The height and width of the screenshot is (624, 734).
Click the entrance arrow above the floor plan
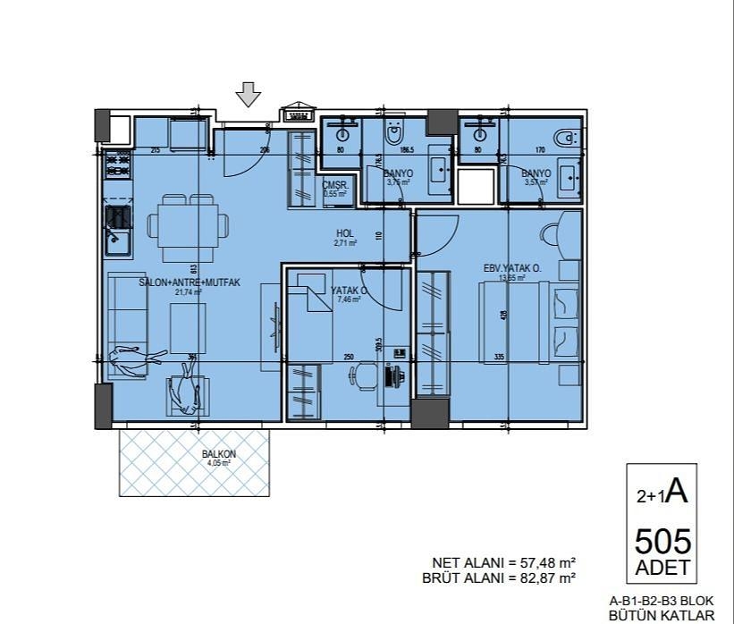coord(249,94)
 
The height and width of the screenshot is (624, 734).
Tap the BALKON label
coord(219,454)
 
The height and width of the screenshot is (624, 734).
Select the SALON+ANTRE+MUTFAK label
coord(190,282)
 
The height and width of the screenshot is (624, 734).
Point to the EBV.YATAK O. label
coord(512,268)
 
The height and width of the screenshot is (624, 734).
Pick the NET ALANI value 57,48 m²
coord(541,562)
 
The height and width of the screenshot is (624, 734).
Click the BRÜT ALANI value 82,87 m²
coord(541,578)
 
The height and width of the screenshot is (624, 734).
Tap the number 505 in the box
coord(662,542)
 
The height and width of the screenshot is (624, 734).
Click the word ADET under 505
coord(662,567)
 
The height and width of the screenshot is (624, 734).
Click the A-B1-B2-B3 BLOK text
coord(662,602)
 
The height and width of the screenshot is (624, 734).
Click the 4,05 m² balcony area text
coord(219,463)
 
